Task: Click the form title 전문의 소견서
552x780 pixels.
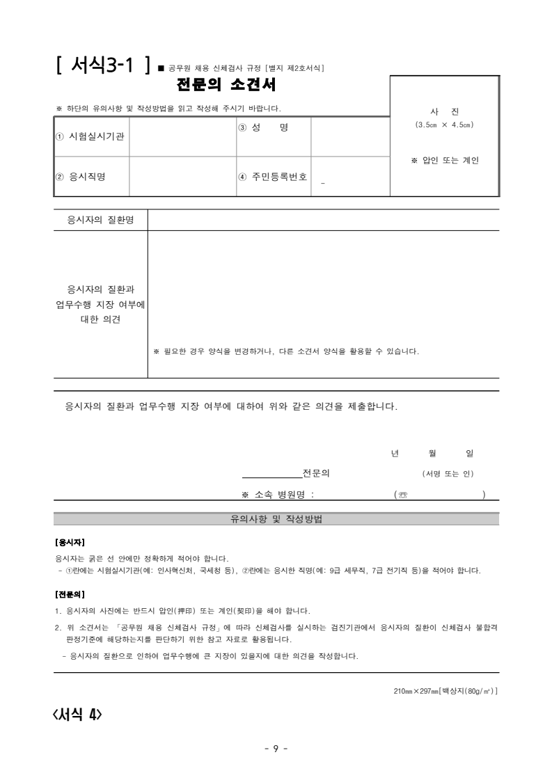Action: [x=227, y=86]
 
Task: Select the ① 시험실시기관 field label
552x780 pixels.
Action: [x=90, y=136]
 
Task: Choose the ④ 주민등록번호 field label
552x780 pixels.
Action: [x=272, y=177]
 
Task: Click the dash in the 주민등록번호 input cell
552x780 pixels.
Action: [x=323, y=183]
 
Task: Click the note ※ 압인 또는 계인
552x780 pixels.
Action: [x=445, y=161]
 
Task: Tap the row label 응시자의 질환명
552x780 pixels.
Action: [x=100, y=220]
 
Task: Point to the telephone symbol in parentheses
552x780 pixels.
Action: [x=402, y=495]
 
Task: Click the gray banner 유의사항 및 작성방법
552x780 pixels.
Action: [x=276, y=519]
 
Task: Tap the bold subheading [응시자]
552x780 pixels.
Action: [x=70, y=541]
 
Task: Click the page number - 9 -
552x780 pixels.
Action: [x=276, y=749]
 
